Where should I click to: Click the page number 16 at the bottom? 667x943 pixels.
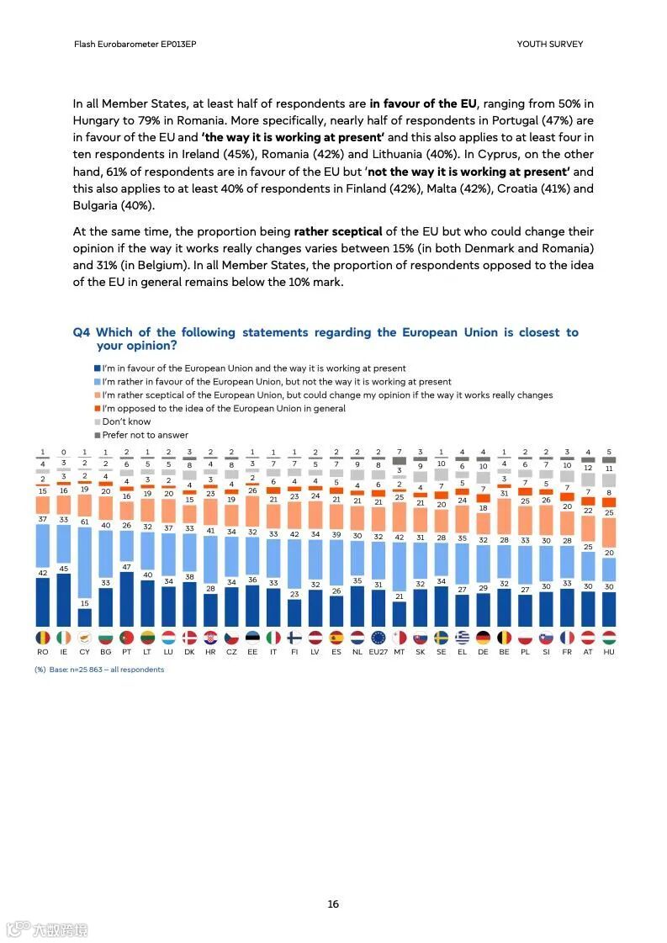pyautogui.click(x=333, y=904)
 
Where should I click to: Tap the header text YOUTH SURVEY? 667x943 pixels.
pyautogui.click(x=549, y=44)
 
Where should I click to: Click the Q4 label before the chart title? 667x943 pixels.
pyautogui.click(x=82, y=332)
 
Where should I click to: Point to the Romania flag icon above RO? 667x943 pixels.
pyautogui.click(x=43, y=638)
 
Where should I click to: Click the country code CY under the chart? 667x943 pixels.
pyautogui.click(x=84, y=652)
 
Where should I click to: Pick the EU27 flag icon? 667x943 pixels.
pyautogui.click(x=378, y=638)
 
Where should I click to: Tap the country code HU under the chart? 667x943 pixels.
pyautogui.click(x=608, y=652)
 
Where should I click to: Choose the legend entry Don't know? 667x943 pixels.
pyautogui.click(x=127, y=421)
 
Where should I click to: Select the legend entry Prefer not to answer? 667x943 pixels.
pyautogui.click(x=146, y=435)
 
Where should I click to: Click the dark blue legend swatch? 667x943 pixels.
pyautogui.click(x=98, y=368)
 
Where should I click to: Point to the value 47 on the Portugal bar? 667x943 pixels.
pyautogui.click(x=126, y=567)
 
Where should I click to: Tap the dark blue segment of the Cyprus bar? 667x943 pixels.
pyautogui.click(x=84, y=618)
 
